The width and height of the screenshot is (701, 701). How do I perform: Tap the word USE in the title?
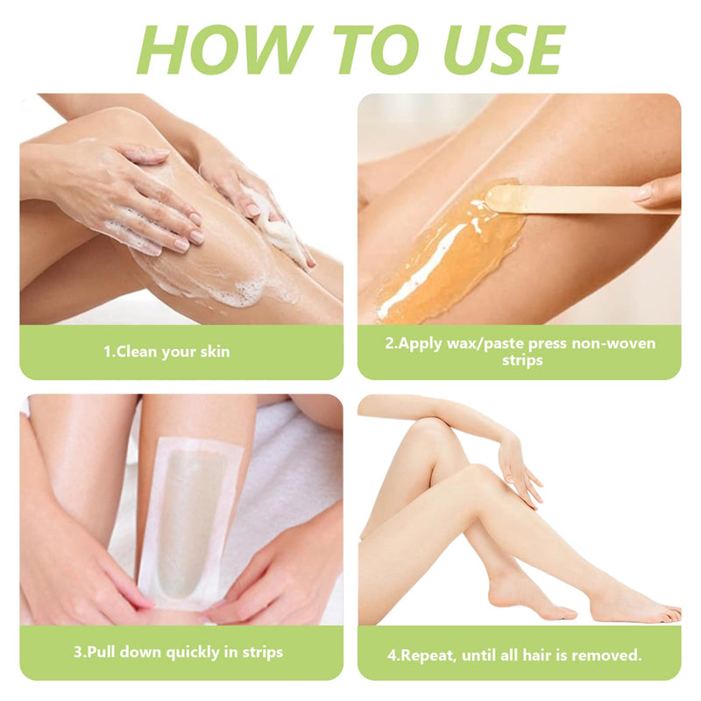tap(504, 49)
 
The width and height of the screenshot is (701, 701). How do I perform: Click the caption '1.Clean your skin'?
tap(166, 352)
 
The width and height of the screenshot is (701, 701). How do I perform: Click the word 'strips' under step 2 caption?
tap(522, 360)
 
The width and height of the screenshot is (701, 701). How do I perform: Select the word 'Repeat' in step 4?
tap(428, 655)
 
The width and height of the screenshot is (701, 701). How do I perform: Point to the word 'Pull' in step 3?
tap(102, 652)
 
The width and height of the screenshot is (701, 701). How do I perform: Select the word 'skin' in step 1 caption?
tap(215, 351)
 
